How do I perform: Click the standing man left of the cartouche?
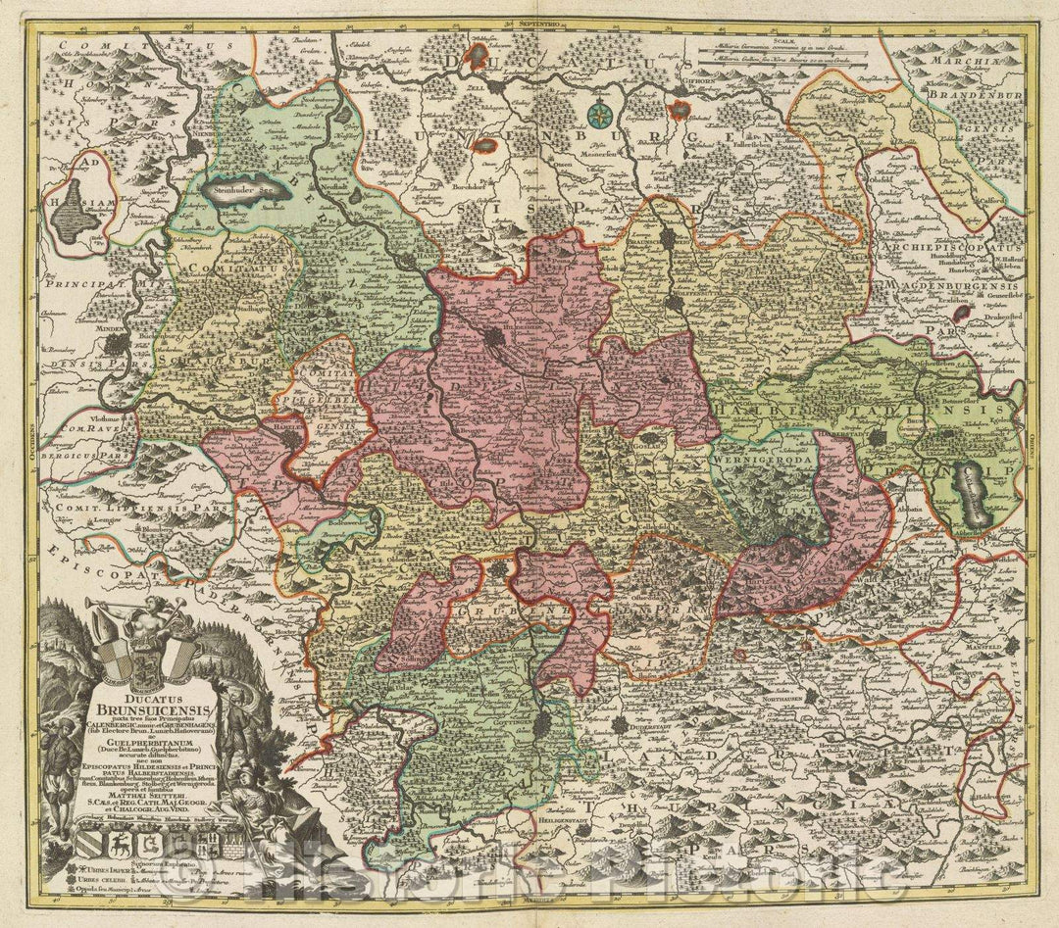[61, 774]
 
